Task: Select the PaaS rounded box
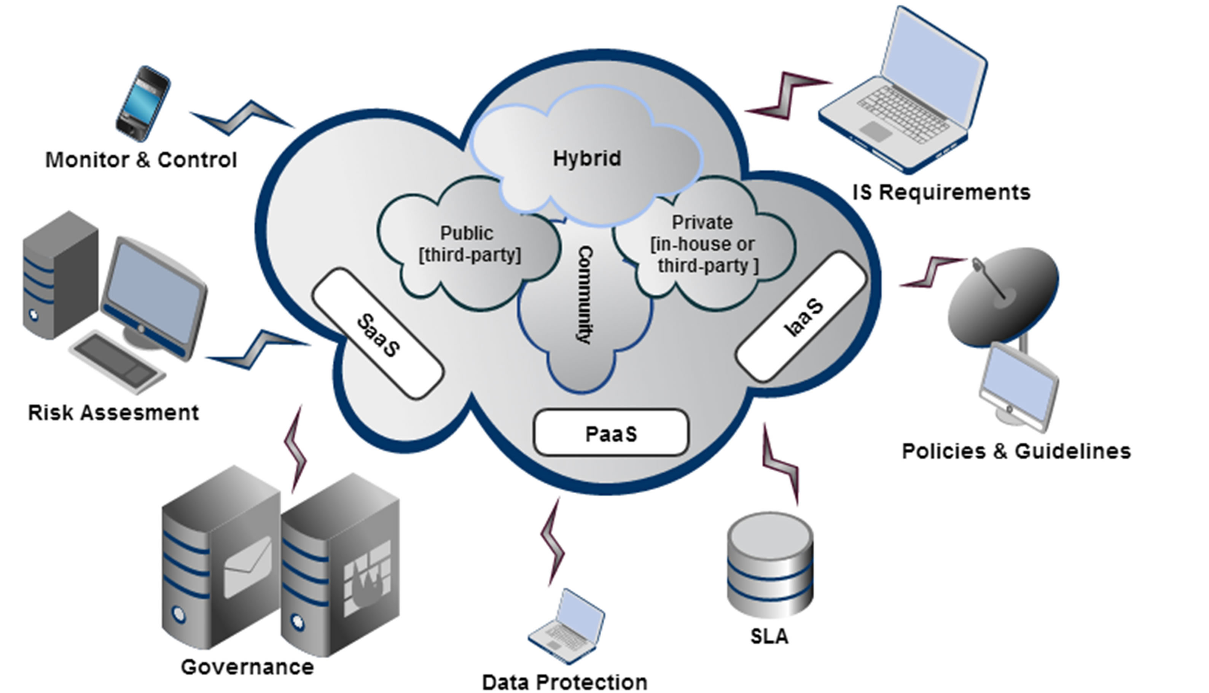[611, 433]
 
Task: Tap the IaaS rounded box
[801, 317]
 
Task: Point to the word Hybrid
[587, 158]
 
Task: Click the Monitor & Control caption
[141, 160]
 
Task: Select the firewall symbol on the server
[367, 579]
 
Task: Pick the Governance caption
[247, 667]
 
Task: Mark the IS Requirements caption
[941, 192]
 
